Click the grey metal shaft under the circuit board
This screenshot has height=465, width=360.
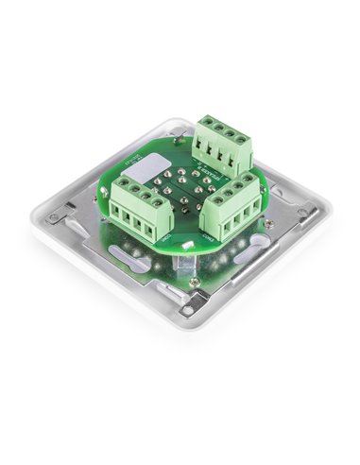click(191, 274)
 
